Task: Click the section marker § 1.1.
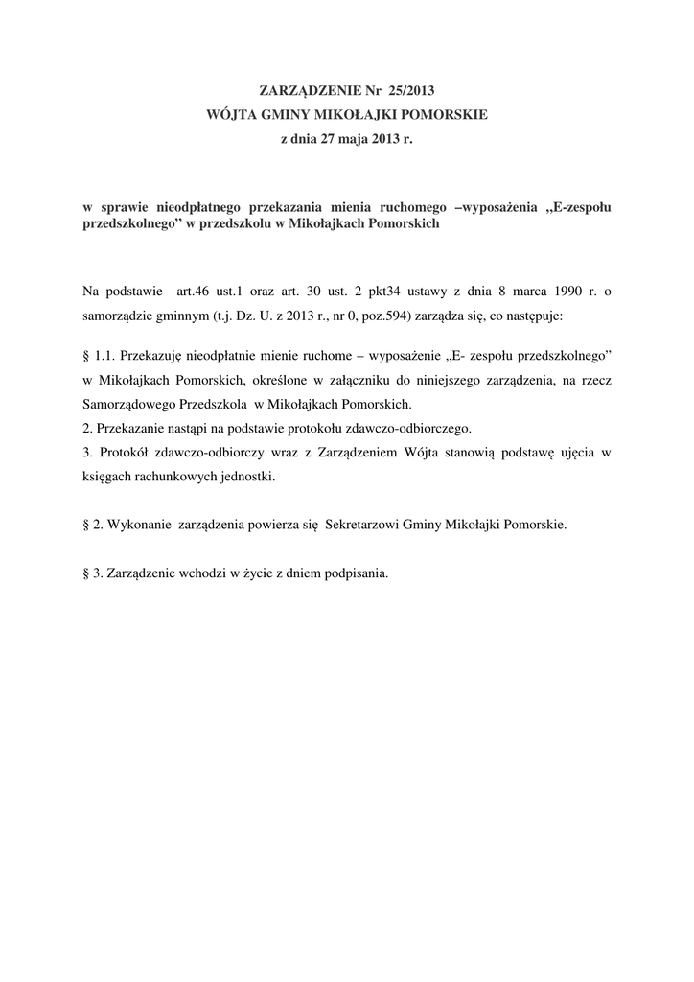point(99,356)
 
